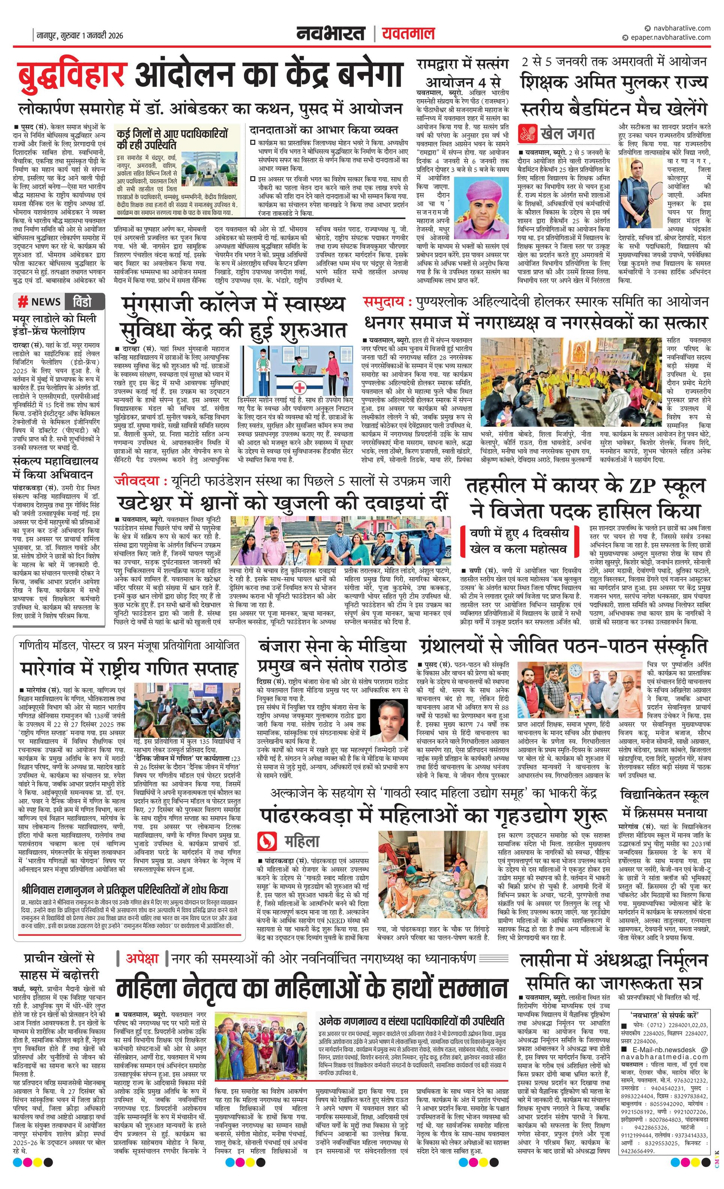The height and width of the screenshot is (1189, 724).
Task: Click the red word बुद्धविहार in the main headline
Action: point(72,75)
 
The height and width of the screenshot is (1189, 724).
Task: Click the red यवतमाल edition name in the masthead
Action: point(408,34)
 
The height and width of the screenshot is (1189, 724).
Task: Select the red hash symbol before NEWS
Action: point(22,302)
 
